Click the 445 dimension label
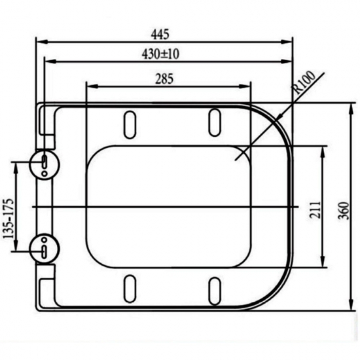(x=160, y=35)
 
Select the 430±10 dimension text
(x=160, y=54)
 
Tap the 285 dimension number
(x=164, y=79)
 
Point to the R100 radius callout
(x=305, y=82)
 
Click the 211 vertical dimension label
(x=315, y=210)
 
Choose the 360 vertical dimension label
(x=344, y=211)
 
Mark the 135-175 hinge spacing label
(x=9, y=219)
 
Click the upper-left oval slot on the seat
(x=130, y=124)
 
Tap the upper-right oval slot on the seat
(x=215, y=122)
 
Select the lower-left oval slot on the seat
(x=130, y=289)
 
